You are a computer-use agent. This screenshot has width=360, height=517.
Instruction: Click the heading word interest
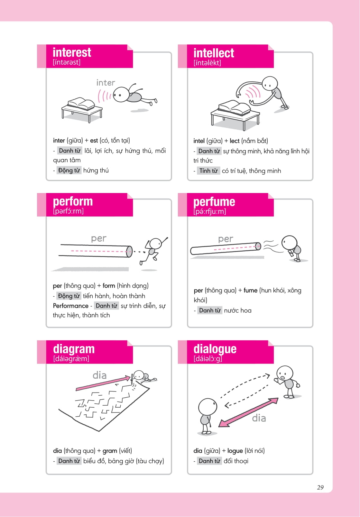72,52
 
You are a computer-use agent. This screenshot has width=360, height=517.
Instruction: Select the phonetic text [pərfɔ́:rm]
68,211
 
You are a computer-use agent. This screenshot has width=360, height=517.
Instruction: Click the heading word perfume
214,202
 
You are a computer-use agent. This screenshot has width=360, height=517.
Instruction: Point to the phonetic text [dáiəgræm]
71,358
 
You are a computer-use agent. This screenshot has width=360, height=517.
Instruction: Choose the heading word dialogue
215,349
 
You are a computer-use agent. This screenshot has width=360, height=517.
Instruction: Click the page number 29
320,487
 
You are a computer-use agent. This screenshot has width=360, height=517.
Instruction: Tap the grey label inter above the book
106,83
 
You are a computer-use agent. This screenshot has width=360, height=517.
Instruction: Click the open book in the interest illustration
81,104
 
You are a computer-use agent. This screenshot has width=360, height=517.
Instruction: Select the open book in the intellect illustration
234,107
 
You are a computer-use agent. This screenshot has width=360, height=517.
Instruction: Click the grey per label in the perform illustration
98,238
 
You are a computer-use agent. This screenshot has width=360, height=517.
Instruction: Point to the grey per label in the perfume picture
226,239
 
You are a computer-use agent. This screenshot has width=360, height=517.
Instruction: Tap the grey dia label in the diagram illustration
99,375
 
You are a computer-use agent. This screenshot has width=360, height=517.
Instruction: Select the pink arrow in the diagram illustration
103,383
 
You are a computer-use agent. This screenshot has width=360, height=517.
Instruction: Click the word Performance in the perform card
70,306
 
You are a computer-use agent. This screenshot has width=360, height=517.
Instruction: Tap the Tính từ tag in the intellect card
208,171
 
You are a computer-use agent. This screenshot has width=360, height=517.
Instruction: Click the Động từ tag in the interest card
69,170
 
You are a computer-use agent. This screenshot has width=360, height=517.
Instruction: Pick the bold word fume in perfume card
250,291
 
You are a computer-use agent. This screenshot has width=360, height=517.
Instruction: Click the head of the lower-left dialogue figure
208,407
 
